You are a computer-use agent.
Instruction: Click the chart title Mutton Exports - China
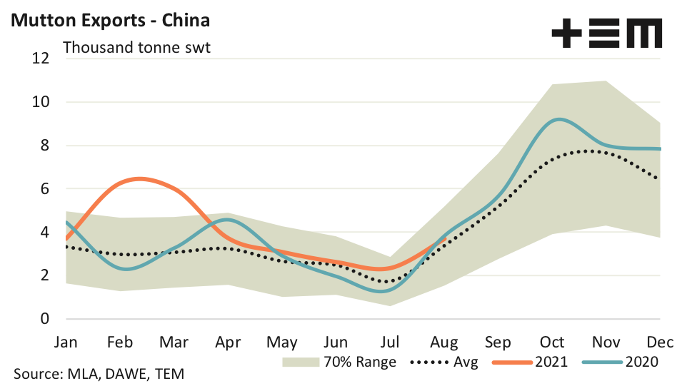pyautogui.click(x=110, y=19)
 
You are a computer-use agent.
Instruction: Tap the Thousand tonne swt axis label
pyautogui.click(x=136, y=48)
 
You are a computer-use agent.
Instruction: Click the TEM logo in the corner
pyautogui.click(x=607, y=34)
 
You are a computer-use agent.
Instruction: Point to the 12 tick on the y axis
pyautogui.click(x=41, y=59)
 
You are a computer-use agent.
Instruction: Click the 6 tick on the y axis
pyautogui.click(x=44, y=189)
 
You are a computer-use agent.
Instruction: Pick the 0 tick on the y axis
pyautogui.click(x=44, y=319)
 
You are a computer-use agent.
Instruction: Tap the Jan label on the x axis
pyautogui.click(x=66, y=342)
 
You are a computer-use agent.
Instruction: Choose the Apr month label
pyautogui.click(x=228, y=342)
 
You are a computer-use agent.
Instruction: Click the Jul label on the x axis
pyautogui.click(x=390, y=342)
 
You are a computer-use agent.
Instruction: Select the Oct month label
pyautogui.click(x=552, y=342)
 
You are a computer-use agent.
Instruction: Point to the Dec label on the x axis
pyautogui.click(x=658, y=342)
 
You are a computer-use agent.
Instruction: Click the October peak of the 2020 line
pyautogui.click(x=558, y=119)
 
